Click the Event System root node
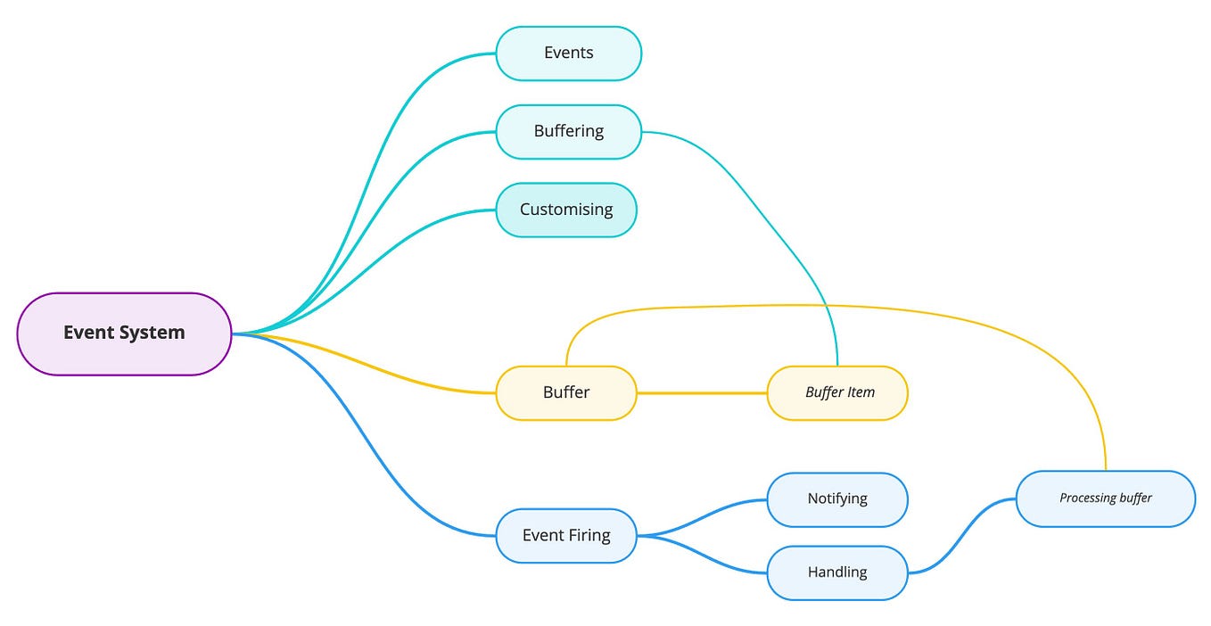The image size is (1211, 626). coord(124,334)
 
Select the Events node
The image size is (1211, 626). coord(568,54)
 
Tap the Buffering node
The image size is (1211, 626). coord(568,132)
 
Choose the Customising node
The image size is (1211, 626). coord(566,210)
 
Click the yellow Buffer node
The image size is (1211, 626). coord(566,393)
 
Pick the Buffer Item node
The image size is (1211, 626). coord(837,393)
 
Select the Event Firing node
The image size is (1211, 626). coord(566,536)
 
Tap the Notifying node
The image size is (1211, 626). coord(837,499)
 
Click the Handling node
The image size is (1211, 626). coord(837,572)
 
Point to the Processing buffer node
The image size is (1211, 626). coord(1105,498)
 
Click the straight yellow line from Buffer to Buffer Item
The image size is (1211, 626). coord(702,393)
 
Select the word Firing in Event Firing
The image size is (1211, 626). coord(589,536)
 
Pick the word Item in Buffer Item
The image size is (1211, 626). coord(861,393)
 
